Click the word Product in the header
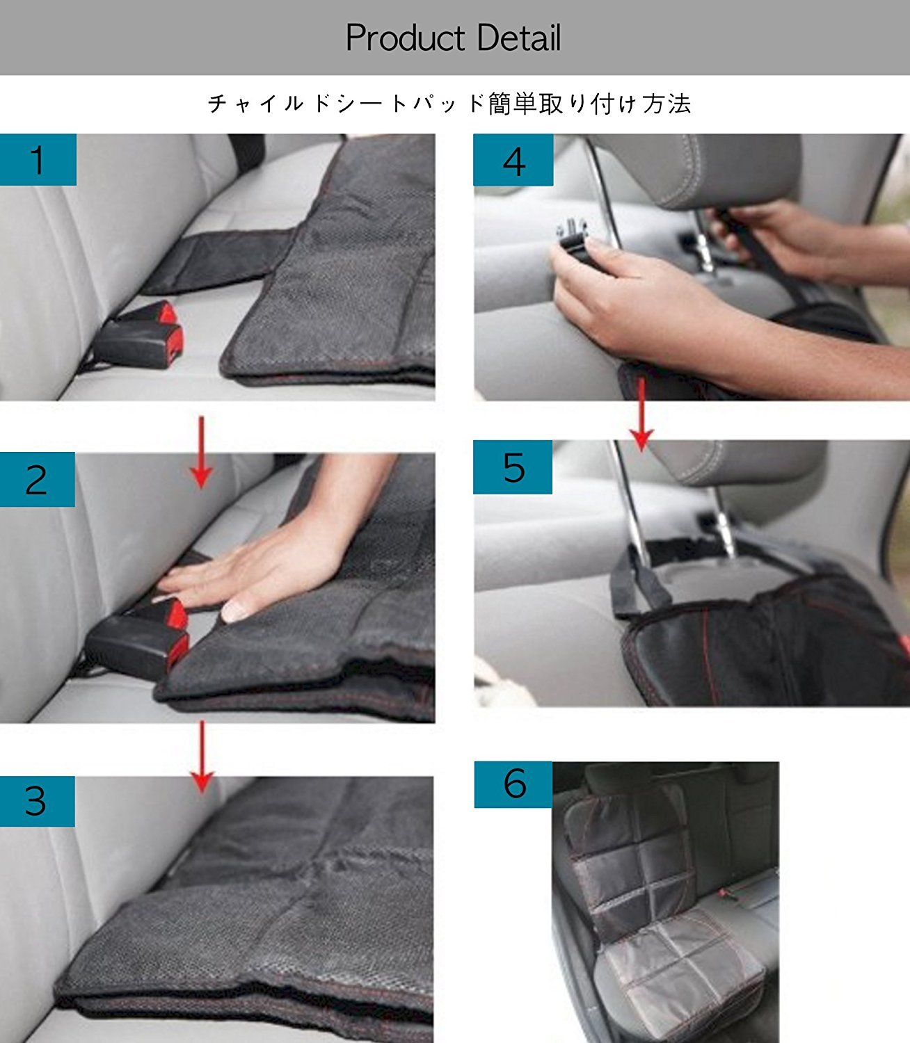pyautogui.click(x=406, y=38)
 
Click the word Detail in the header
pyautogui.click(x=519, y=38)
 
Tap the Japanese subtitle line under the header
pyautogui.click(x=449, y=104)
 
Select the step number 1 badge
pyautogui.click(x=38, y=159)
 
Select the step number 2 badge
pyautogui.click(x=38, y=479)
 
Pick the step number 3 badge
pyautogui.click(x=38, y=801)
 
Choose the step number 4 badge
pyautogui.click(x=513, y=160)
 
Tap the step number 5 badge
pyautogui.click(x=513, y=467)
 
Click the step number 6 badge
pyautogui.click(x=513, y=784)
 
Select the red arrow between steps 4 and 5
pyautogui.click(x=641, y=414)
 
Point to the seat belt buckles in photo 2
pyautogui.click(x=138, y=637)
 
